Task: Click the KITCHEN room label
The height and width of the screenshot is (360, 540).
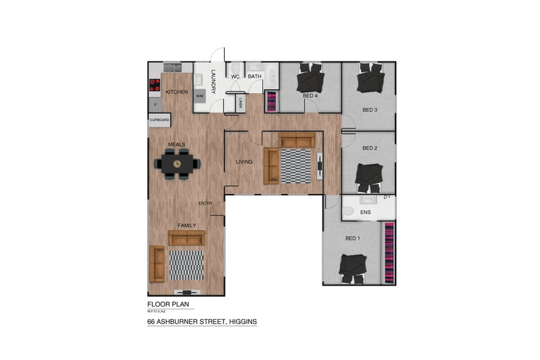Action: click(176, 92)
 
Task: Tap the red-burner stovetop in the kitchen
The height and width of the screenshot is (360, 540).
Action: click(154, 86)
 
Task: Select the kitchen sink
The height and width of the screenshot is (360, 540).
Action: click(172, 68)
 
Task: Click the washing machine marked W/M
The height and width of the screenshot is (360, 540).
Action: click(200, 96)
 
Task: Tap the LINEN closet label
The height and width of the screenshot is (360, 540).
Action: click(241, 104)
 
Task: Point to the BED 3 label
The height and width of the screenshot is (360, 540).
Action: click(370, 110)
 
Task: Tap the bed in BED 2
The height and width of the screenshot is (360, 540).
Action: click(370, 178)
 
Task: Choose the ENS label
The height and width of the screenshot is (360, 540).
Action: click(365, 212)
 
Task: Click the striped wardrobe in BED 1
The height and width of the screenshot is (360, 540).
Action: click(389, 253)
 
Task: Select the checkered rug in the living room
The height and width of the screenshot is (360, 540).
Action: click(297, 166)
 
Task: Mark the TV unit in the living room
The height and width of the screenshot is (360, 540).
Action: click(320, 166)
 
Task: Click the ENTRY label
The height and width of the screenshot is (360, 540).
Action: click(205, 204)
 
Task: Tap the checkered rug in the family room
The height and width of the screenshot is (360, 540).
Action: click(187, 265)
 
